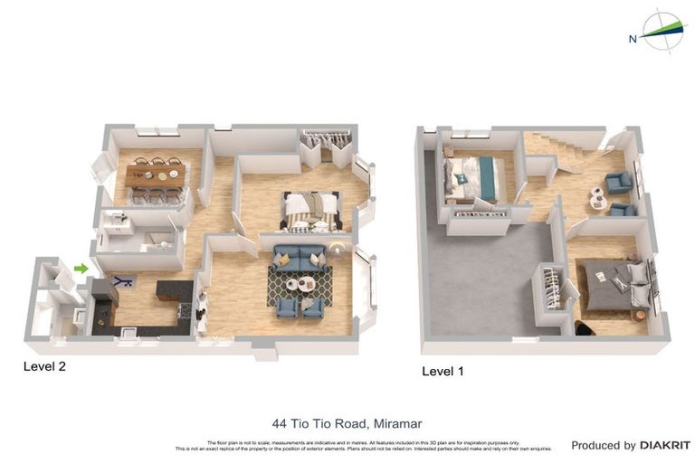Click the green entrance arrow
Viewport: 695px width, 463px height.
(81, 268)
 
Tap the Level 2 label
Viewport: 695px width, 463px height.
(44, 366)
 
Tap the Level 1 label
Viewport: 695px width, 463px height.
(444, 371)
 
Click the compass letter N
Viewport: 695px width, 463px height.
(633, 38)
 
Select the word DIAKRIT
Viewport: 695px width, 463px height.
(665, 445)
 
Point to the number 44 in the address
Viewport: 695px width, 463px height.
(280, 423)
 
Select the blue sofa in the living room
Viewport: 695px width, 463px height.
(300, 258)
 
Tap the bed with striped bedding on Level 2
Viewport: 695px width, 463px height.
(311, 210)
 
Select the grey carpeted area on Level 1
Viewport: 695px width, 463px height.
(480, 280)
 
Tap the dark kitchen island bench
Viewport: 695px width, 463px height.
(174, 289)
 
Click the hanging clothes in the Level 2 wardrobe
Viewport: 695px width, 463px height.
(324, 140)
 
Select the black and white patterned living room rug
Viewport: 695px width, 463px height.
(300, 285)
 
